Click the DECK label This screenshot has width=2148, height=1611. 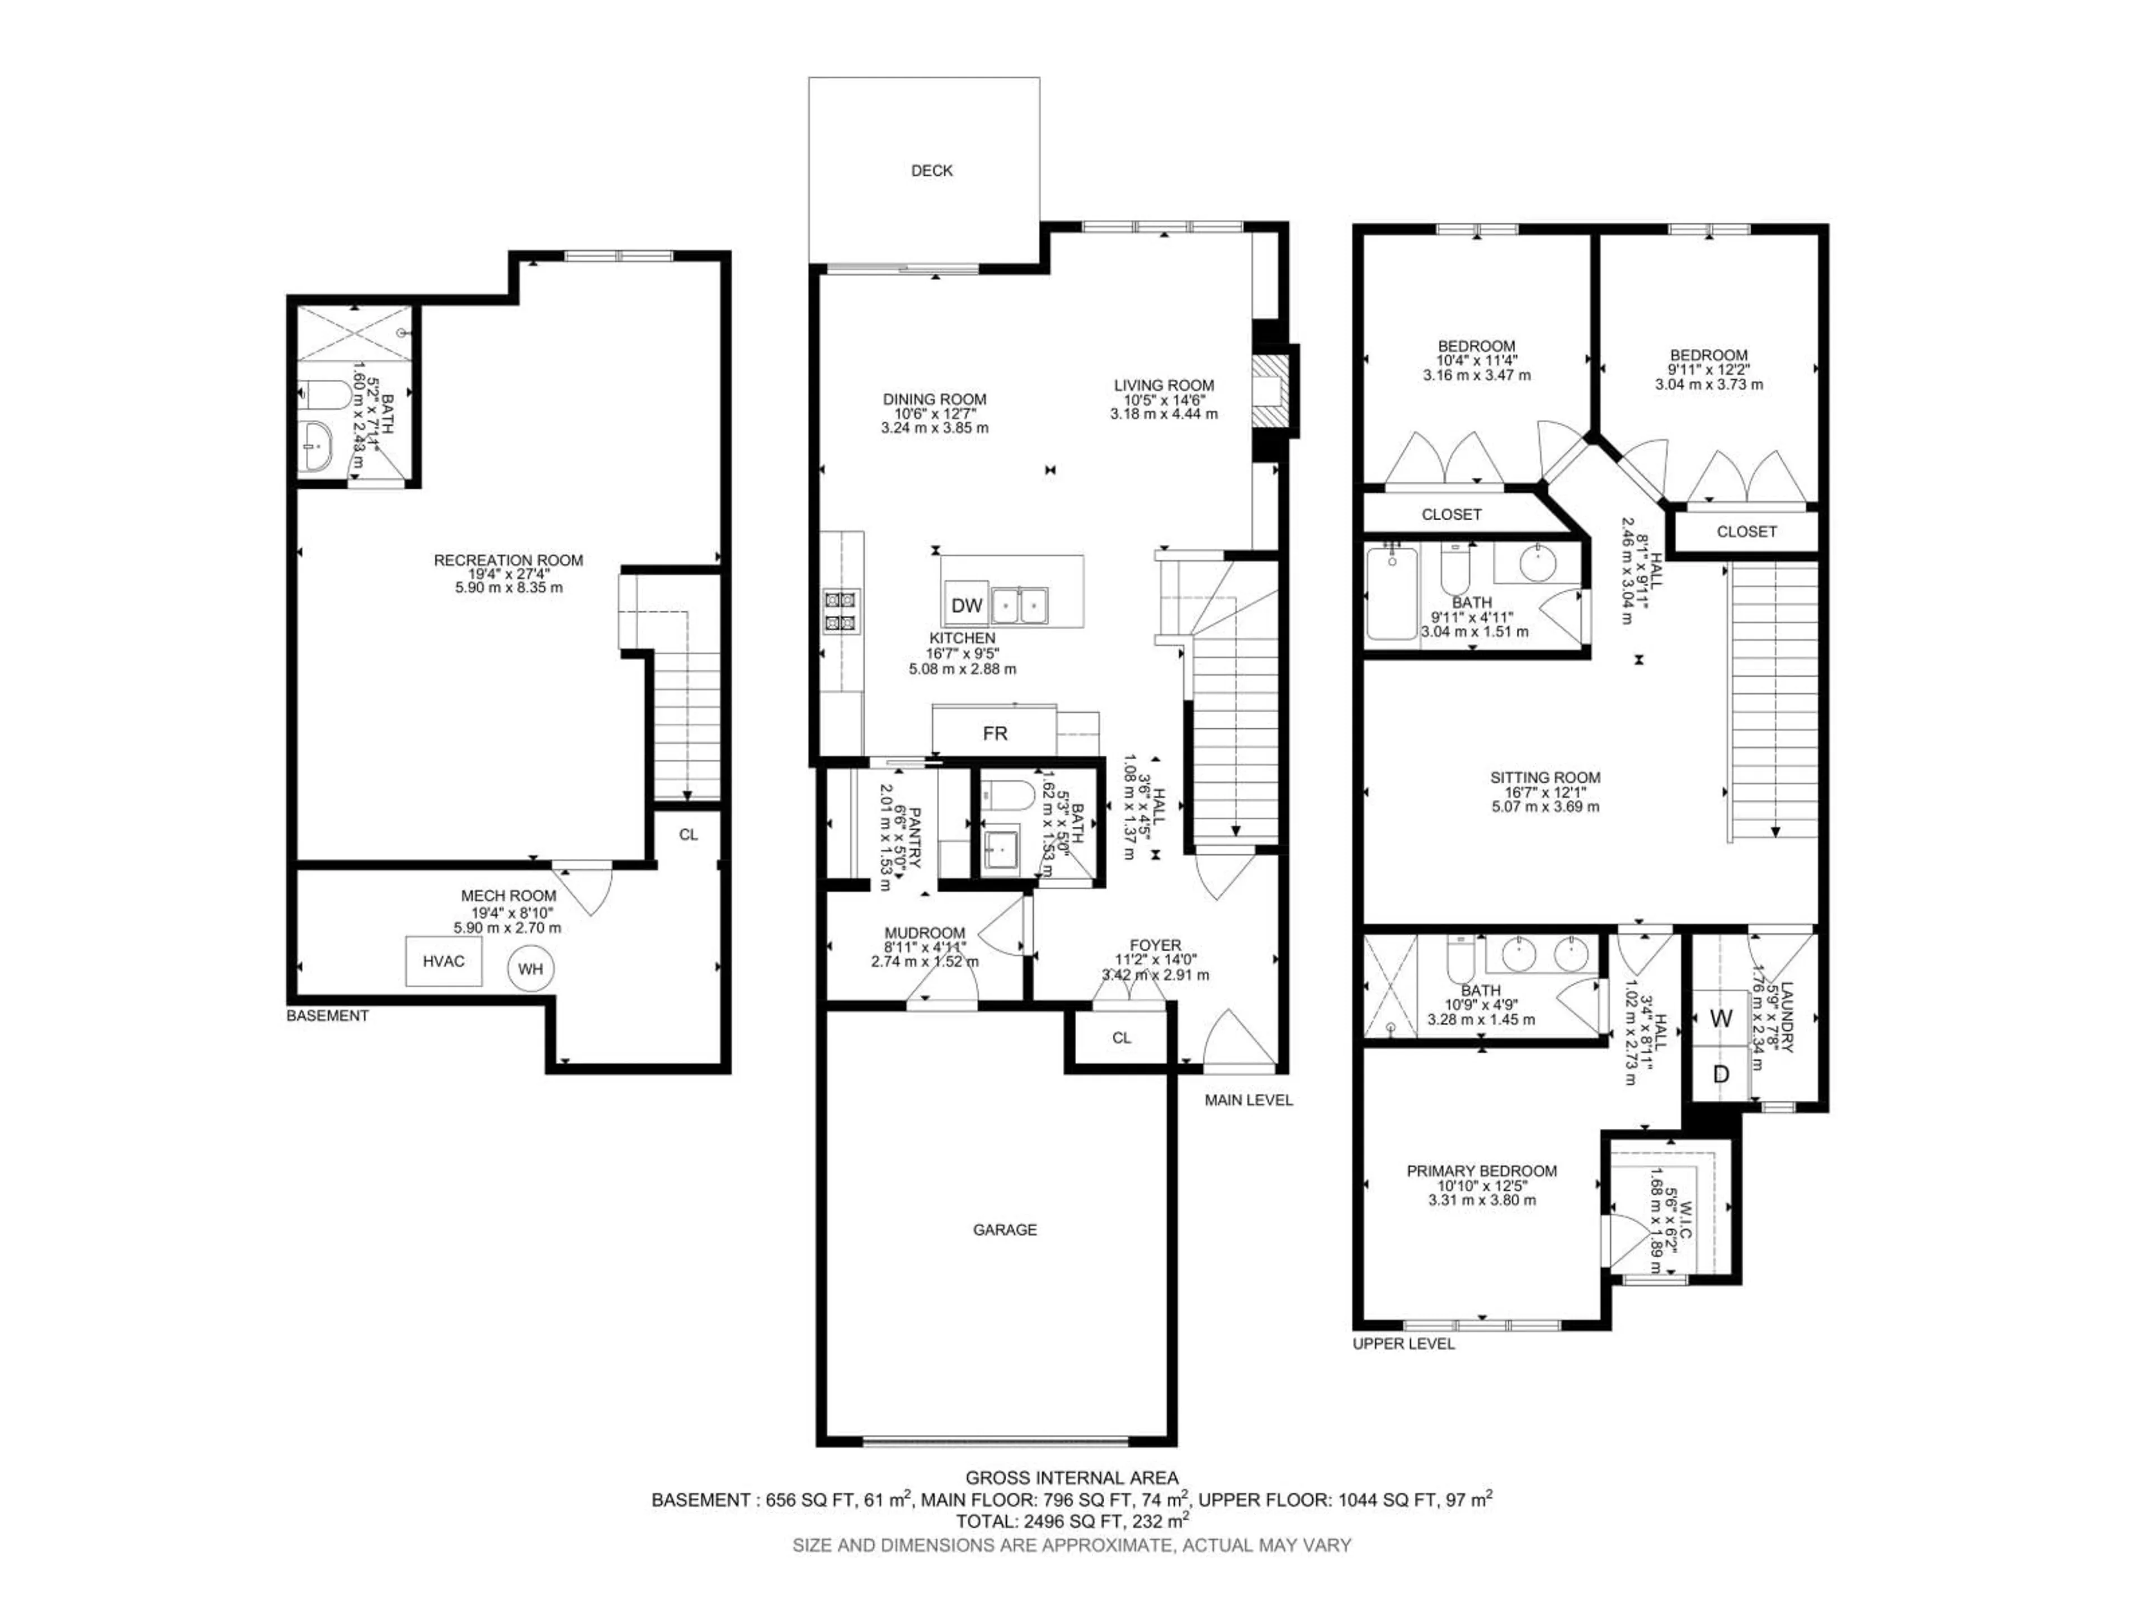pyautogui.click(x=931, y=171)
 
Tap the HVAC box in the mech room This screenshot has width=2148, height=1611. pyautogui.click(x=443, y=962)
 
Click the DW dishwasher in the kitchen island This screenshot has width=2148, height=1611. pyautogui.click(x=966, y=606)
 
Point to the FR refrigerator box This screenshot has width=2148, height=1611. pyautogui.click(x=995, y=733)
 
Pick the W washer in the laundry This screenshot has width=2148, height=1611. pyautogui.click(x=1721, y=1019)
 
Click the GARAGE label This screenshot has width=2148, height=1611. pyautogui.click(x=1005, y=1230)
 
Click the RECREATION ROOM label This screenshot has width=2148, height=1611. pyautogui.click(x=508, y=560)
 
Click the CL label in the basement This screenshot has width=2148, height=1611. pyautogui.click(x=687, y=834)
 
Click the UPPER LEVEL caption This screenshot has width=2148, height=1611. pyautogui.click(x=1403, y=1344)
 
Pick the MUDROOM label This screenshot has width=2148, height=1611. pyautogui.click(x=925, y=933)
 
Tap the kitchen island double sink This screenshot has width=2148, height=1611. pyautogui.click(x=1020, y=606)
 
